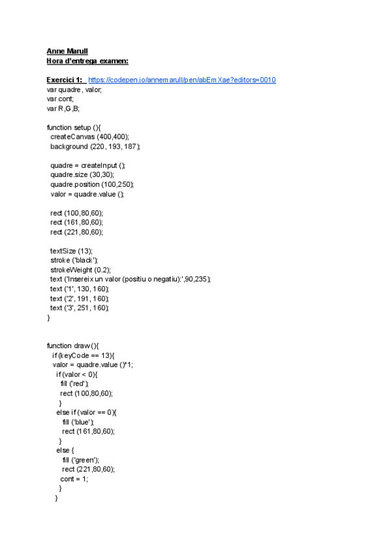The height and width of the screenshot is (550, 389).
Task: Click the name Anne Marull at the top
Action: [x=67, y=51]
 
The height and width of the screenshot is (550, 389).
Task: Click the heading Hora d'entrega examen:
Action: [x=88, y=61]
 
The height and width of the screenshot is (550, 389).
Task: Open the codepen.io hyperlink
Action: [x=182, y=80]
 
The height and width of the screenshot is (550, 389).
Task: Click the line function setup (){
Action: [x=78, y=127]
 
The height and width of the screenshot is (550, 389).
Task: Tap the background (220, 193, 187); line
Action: [x=95, y=147]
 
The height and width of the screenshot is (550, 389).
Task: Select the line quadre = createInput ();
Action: [x=88, y=165]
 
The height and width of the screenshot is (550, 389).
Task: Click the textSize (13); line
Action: [x=71, y=250]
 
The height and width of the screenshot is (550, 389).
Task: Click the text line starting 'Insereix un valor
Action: [x=130, y=279]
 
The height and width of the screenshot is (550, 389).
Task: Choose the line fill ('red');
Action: [x=74, y=384]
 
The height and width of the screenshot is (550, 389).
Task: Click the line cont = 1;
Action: [x=74, y=479]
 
